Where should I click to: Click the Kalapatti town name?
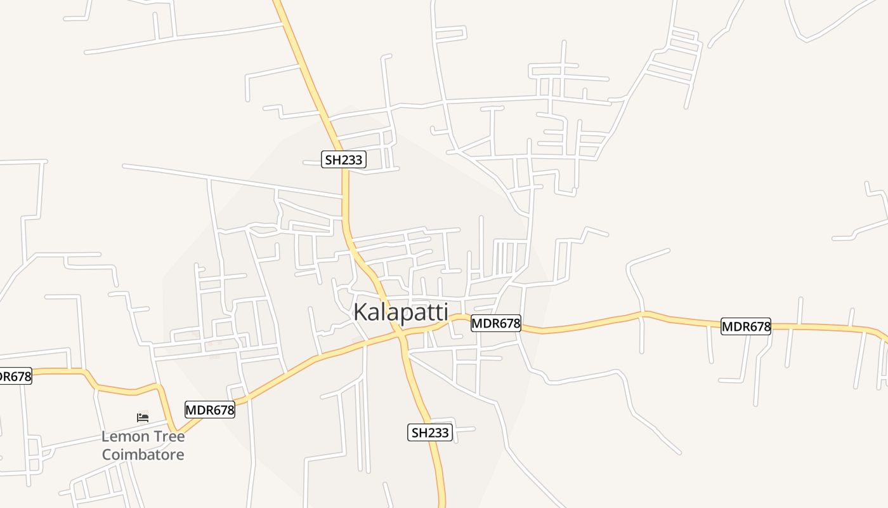point(400,312)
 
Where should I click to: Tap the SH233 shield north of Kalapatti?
point(343,159)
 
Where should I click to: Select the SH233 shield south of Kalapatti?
point(429,433)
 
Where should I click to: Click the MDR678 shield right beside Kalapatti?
point(495,324)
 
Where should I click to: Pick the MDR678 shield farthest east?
point(746,327)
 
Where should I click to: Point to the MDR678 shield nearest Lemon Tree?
point(209,410)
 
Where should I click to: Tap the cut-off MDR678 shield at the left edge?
point(14,377)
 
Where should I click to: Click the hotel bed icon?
point(143,418)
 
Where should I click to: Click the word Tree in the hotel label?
point(169,437)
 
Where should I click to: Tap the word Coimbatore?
point(143,455)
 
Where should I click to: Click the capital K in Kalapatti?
point(360,312)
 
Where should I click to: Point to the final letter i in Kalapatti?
point(445,312)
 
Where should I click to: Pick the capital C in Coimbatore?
point(107,455)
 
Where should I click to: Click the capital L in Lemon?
point(105,437)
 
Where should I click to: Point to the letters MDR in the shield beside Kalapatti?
point(485,324)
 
